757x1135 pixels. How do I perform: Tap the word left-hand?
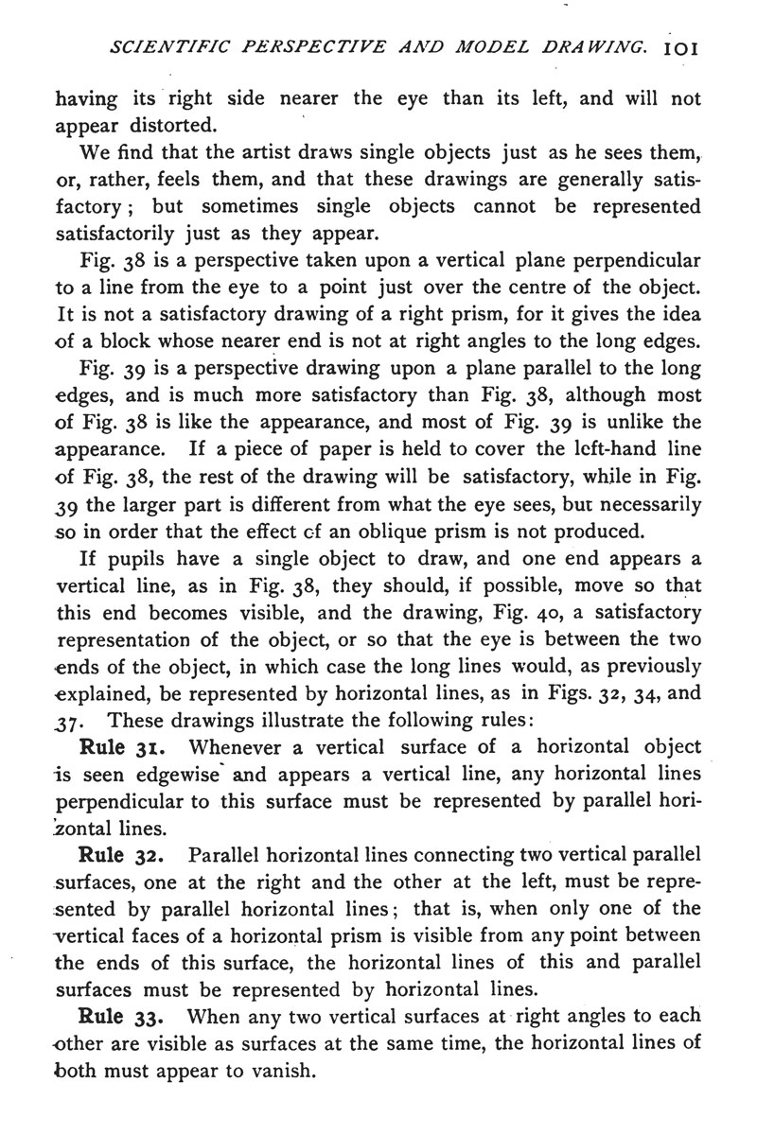point(591,449)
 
